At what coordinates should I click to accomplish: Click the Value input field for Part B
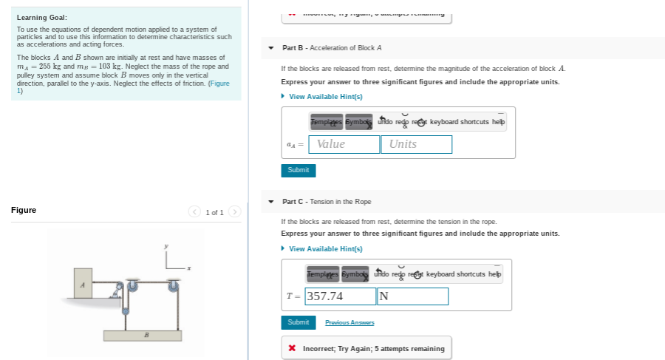click(344, 144)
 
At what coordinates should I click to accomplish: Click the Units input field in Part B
click(416, 144)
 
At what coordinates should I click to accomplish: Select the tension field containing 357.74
click(341, 296)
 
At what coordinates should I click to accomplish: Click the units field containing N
click(412, 296)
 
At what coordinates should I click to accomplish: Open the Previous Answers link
click(349, 322)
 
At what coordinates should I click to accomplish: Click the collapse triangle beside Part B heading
click(272, 48)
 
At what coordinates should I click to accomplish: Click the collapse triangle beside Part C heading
click(272, 202)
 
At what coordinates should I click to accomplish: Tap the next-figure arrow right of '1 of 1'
click(234, 212)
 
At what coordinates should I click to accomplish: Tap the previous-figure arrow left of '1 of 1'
click(195, 212)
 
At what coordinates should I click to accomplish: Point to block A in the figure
click(83, 284)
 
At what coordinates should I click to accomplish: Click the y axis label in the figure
click(166, 245)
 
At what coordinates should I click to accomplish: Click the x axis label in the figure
click(189, 268)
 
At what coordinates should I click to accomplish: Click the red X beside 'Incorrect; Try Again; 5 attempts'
click(293, 348)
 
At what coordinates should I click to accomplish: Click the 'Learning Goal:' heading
click(42, 17)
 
